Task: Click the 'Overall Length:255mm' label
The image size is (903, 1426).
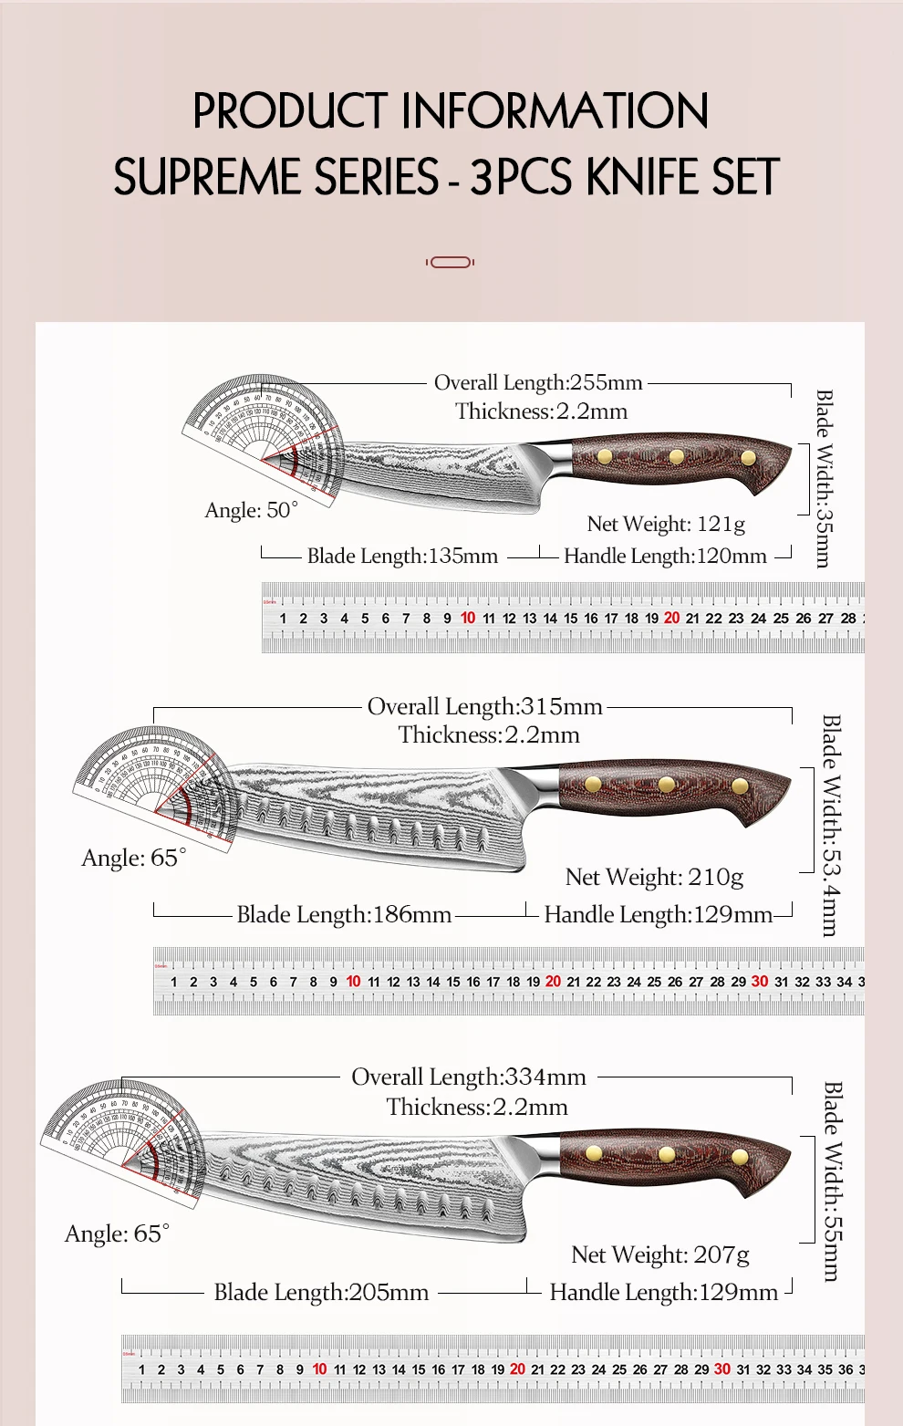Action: pos(538,383)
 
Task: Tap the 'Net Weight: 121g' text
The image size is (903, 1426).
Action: pos(666,524)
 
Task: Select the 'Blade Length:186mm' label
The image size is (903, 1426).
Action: pos(344,914)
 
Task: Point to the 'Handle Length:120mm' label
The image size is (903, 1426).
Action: pos(665,556)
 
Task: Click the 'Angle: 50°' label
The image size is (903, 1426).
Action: pos(251,510)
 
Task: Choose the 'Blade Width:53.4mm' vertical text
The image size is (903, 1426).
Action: pos(830,825)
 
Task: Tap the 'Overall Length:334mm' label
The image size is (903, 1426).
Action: pos(469,1077)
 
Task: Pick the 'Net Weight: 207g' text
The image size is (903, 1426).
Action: pos(660,1254)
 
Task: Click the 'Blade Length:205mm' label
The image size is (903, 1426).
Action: pos(321,1292)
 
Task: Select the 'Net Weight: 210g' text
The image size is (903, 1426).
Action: pos(654,877)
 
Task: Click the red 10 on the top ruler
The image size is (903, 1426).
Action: pos(468,618)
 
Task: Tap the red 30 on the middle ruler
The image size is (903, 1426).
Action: pos(760,981)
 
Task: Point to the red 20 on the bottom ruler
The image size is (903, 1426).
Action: pos(517,1369)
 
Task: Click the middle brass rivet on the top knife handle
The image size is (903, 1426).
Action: pos(676,456)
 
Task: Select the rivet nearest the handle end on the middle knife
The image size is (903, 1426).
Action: pos(740,786)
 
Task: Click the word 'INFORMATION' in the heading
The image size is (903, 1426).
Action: pos(555,111)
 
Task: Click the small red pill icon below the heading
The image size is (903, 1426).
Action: pos(451,263)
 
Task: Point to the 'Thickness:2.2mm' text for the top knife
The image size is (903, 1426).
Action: pos(542,411)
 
